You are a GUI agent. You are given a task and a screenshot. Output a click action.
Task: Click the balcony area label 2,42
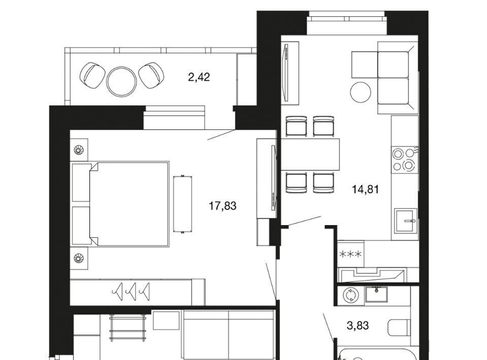click(x=199, y=77)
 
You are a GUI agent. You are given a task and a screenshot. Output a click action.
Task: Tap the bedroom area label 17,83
click(x=223, y=206)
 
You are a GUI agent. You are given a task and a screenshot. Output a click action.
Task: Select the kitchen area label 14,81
click(x=365, y=189)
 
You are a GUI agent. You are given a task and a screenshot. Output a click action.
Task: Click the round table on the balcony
click(x=121, y=81)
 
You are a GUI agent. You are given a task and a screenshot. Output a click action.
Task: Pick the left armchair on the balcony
click(x=92, y=76)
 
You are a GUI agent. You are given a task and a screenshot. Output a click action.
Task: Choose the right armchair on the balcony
click(x=151, y=76)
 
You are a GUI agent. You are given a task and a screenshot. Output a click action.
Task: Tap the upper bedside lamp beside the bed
click(x=79, y=150)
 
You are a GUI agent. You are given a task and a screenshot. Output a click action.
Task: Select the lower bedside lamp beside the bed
click(x=79, y=258)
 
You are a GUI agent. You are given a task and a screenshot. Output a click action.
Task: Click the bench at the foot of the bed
click(x=183, y=204)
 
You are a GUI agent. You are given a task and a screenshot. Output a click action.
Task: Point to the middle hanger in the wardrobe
click(x=131, y=292)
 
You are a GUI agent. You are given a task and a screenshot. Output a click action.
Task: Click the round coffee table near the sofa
click(x=361, y=92)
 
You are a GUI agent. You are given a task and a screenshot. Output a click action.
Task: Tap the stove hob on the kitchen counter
click(x=404, y=160)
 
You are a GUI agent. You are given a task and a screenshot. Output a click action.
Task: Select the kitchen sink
click(x=405, y=221)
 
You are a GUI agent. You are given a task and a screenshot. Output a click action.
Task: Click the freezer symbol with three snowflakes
click(x=351, y=255)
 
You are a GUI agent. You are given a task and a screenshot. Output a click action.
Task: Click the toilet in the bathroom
click(x=399, y=328)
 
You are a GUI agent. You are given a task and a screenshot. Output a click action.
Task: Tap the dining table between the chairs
click(x=310, y=154)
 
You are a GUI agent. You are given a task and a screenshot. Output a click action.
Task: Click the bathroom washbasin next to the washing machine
click(x=376, y=294)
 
